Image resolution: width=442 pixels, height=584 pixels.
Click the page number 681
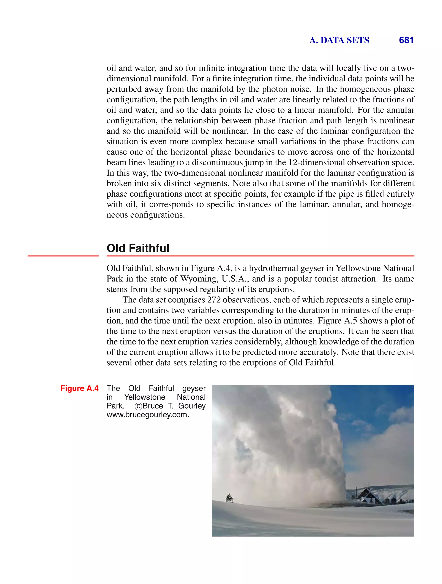coord(406,40)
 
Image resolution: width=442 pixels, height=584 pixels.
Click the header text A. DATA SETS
coord(339,40)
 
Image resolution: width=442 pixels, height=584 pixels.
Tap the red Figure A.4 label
coord(79,388)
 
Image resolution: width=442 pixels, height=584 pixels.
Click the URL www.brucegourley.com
coord(148,415)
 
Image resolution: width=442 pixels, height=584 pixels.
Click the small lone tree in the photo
coord(229,497)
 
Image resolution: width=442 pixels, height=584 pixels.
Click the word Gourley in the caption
coord(192,406)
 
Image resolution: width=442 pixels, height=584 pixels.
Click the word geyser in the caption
coord(194,389)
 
